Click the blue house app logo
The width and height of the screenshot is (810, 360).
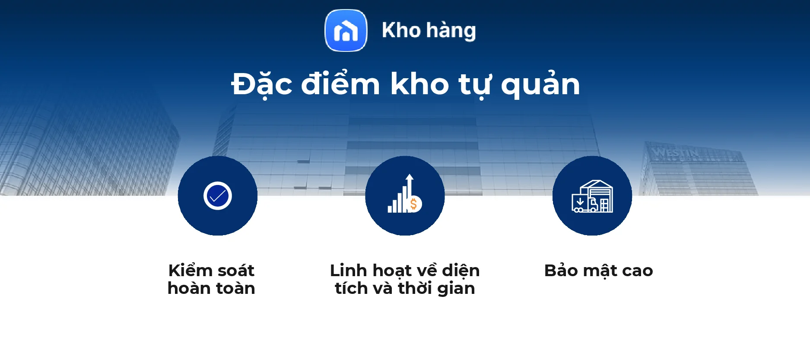tap(346, 31)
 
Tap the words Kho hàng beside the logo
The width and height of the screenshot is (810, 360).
tap(429, 31)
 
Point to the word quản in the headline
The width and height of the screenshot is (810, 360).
tap(540, 84)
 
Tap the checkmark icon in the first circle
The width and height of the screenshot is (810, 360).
tap(218, 196)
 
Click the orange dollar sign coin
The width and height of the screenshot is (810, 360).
tap(414, 204)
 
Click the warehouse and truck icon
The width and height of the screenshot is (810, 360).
tap(592, 196)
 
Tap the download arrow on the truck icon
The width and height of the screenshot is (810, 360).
tap(580, 202)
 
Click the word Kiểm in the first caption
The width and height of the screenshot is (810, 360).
tap(190, 271)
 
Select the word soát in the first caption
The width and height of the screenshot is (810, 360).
tap(235, 271)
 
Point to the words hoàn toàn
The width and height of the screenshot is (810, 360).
tap(211, 288)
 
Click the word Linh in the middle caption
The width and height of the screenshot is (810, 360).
tap(348, 271)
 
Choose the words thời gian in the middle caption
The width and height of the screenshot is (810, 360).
tap(436, 288)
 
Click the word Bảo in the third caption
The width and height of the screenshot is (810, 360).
tap(561, 271)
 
